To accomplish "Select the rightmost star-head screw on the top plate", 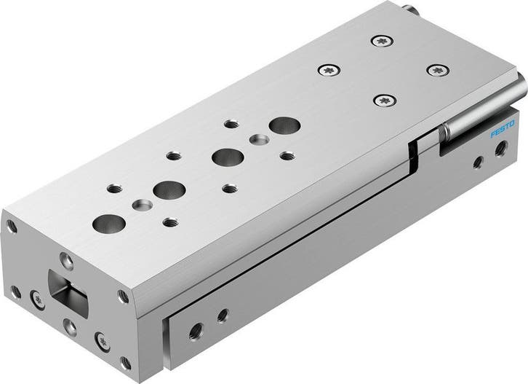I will pyautogui.click(x=437, y=71).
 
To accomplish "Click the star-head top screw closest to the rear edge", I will pyautogui.click(x=381, y=42).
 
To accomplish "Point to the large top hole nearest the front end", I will pyautogui.click(x=108, y=222).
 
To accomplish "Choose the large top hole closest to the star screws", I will pyautogui.click(x=281, y=125).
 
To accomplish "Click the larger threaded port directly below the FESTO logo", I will pyautogui.click(x=500, y=150).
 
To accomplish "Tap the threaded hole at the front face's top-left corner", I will pyautogui.click(x=11, y=227).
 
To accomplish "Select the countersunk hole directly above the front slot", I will pyautogui.click(x=66, y=259).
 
